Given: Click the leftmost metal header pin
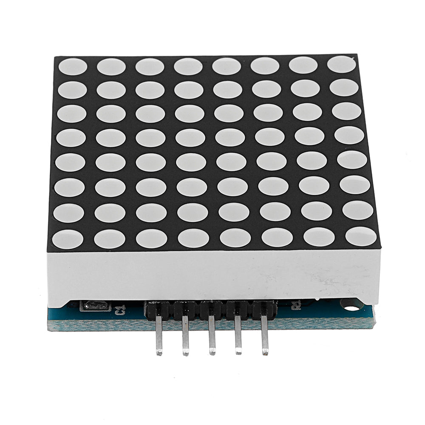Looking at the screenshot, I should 159,336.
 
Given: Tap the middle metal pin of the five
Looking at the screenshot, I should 212,336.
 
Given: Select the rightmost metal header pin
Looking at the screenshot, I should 264,336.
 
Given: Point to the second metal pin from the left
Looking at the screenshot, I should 185,336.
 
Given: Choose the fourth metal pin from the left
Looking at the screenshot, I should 238,336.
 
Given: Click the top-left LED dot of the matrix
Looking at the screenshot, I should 73,67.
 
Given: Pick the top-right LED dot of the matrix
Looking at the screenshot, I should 341,64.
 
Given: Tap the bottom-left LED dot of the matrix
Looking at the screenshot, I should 68,239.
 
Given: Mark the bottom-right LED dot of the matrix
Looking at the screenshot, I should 361,236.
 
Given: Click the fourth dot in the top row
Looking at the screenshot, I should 188,66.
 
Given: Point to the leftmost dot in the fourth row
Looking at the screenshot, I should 71,138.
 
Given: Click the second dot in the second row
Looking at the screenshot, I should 111,90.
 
